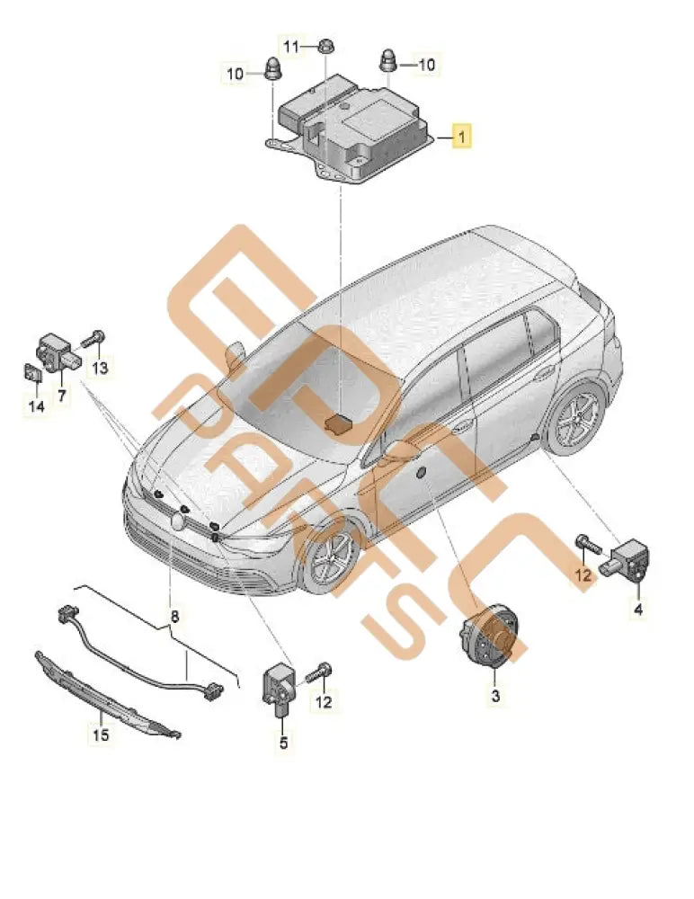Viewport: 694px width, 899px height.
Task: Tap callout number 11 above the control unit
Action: pos(292,46)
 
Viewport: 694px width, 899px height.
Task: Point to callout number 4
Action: pos(637,611)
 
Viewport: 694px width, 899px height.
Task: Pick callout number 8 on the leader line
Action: pos(174,617)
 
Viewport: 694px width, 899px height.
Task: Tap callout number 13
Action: pos(100,367)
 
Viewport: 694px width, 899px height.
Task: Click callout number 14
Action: pos(35,407)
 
